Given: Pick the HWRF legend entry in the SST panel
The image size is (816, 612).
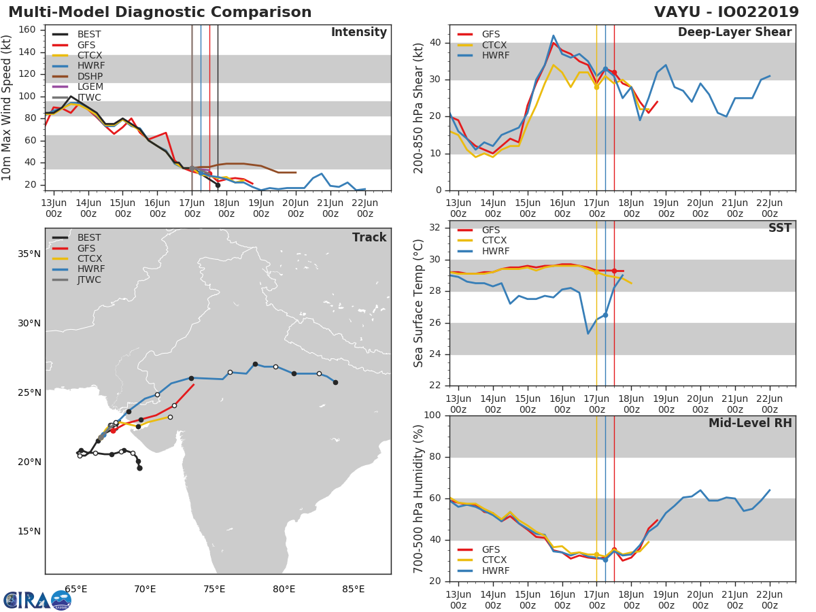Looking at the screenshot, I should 495,251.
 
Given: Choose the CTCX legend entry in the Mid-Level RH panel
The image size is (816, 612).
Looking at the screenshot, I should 495,560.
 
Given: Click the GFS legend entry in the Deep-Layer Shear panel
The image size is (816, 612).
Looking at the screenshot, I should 490,34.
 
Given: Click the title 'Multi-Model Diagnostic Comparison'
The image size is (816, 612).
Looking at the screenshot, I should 160,12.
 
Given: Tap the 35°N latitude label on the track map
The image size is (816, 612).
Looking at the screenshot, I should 29,254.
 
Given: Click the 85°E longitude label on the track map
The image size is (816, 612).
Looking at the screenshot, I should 353,589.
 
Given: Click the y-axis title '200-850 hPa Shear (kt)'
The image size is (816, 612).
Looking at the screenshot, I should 420,107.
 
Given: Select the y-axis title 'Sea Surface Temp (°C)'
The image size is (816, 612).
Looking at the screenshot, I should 420,303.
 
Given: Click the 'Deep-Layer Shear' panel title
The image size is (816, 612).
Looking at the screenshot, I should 734,33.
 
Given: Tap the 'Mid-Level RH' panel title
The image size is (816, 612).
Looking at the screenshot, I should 750,423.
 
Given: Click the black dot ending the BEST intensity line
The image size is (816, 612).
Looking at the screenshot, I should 218,185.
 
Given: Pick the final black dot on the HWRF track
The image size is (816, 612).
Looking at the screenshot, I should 335,382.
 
